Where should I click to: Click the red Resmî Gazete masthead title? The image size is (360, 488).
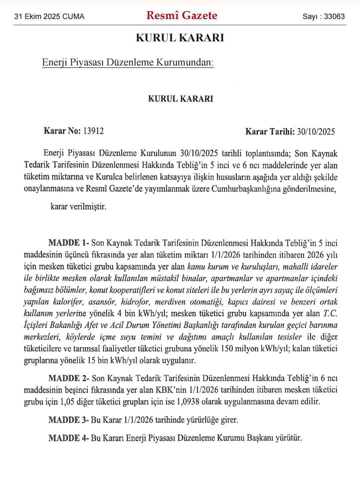pyautogui.click(x=182, y=16)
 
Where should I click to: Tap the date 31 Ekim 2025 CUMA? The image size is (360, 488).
pyautogui.click(x=49, y=17)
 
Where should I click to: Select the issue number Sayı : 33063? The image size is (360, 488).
pyautogui.click(x=324, y=17)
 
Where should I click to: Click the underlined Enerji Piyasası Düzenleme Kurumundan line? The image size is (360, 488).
pyautogui.click(x=128, y=63)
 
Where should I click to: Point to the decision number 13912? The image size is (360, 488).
pyautogui.click(x=93, y=131)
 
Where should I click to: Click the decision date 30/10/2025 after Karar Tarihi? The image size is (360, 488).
pyautogui.click(x=315, y=131)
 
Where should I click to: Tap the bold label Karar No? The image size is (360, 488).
pyautogui.click(x=62, y=131)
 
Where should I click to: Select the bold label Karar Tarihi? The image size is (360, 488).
pyautogui.click(x=269, y=131)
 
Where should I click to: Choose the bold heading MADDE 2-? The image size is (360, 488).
pyautogui.click(x=69, y=377)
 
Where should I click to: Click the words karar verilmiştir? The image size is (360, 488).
pyautogui.click(x=78, y=207)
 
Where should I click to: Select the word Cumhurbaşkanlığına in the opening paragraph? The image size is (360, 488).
pyautogui.click(x=251, y=189)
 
